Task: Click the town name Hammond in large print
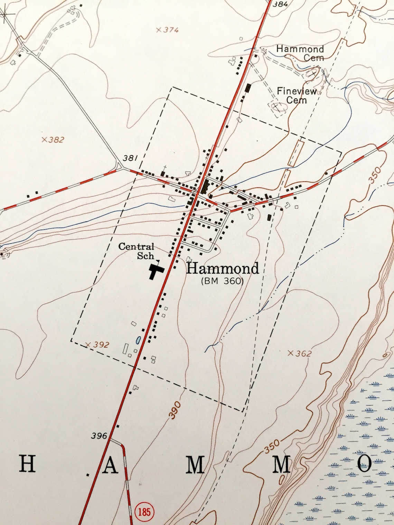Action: [x=222, y=268]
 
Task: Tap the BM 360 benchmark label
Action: [x=223, y=281]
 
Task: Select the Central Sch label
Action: [x=137, y=251]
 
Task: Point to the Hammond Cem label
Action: [x=300, y=53]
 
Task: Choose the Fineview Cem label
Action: [x=297, y=96]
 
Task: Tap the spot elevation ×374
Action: [x=167, y=30]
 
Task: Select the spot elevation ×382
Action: [x=53, y=140]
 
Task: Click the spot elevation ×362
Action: [x=299, y=353]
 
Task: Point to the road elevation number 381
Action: [x=130, y=159]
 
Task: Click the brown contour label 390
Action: [x=176, y=410]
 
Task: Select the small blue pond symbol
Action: [x=138, y=340]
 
